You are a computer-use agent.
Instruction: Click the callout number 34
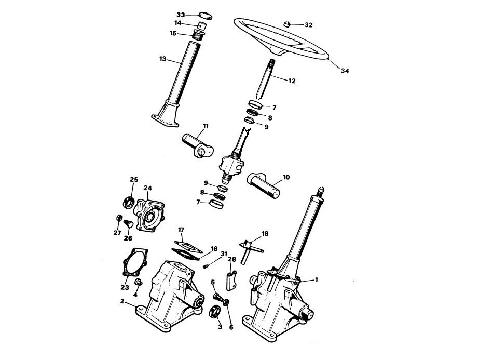345,71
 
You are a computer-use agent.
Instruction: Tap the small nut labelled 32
287,24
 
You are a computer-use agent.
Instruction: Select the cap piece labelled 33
206,16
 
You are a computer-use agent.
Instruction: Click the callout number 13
163,58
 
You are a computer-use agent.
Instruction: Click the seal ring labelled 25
129,202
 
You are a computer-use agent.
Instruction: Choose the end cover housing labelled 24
149,215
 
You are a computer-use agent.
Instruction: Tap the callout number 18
265,234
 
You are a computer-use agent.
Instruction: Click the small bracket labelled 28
231,280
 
